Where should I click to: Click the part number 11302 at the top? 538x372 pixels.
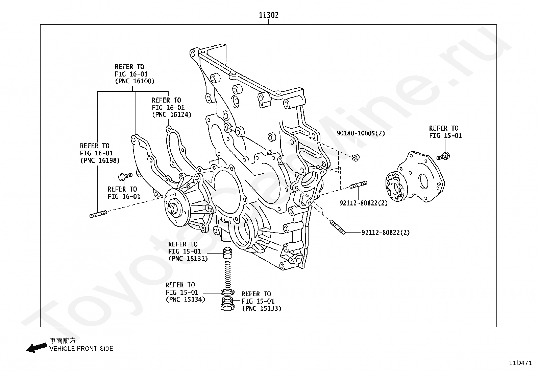click(269, 15)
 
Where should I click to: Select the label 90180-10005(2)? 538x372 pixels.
click(361, 133)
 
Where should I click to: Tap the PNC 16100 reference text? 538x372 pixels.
click(135, 74)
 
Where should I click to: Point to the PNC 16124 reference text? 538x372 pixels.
click(172, 107)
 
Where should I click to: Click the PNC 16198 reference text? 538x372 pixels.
click(100, 153)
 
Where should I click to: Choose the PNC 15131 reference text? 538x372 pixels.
click(188, 251)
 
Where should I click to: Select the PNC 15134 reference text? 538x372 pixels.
click(186, 292)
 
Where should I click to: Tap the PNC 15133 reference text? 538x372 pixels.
click(262, 301)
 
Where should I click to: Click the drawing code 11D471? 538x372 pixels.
click(520, 363)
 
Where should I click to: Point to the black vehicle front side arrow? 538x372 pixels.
click(36, 347)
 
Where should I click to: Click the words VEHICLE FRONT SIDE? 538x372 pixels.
click(81, 349)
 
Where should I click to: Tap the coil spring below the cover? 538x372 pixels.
click(227, 274)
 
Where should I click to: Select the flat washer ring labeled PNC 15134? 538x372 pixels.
click(227, 292)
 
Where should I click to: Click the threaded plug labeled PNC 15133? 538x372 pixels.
click(227, 304)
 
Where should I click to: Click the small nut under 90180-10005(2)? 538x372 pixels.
click(356, 158)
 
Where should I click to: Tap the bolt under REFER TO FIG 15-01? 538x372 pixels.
click(443, 157)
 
